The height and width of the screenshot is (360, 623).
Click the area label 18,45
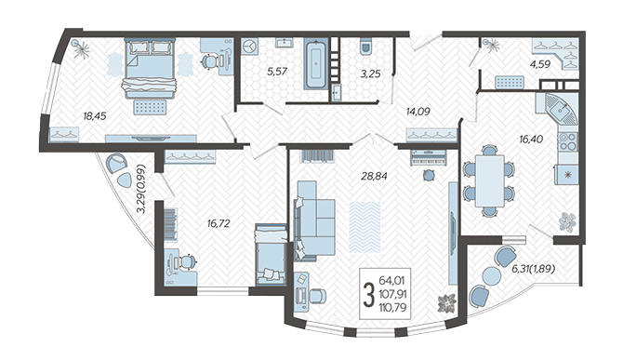click(x=95, y=116)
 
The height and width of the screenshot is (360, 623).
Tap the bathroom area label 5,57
click(x=276, y=72)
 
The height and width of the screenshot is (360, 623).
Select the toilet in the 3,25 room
click(x=365, y=46)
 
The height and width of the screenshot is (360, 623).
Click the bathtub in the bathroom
click(x=316, y=63)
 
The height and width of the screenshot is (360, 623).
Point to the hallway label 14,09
click(x=418, y=112)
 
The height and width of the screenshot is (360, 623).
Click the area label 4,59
click(x=541, y=64)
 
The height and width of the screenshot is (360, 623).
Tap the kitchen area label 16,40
click(x=531, y=140)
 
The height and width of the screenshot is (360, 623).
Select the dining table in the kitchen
click(x=489, y=180)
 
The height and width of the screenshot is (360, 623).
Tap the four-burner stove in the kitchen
click(x=567, y=141)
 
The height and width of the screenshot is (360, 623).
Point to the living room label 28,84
click(x=374, y=176)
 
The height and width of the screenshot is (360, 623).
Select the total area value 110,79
click(x=392, y=307)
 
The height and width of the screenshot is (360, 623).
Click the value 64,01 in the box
click(x=391, y=281)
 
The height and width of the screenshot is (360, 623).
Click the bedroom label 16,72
click(x=219, y=223)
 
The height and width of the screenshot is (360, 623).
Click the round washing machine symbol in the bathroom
click(x=249, y=47)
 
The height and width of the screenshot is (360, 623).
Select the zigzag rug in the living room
click(x=365, y=227)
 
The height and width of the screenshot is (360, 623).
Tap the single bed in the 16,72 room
click(x=271, y=254)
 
